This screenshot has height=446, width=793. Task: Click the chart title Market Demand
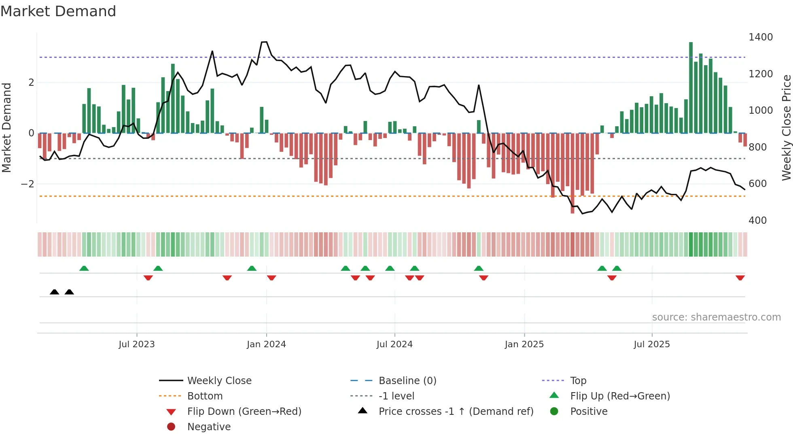tap(58, 11)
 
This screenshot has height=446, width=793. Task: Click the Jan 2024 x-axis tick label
tap(266, 344)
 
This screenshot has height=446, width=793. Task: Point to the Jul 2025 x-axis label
tap(651, 344)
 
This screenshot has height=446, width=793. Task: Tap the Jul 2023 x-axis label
tap(137, 344)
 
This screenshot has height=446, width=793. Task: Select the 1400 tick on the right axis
tap(760, 37)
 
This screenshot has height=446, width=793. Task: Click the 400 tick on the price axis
tap(757, 221)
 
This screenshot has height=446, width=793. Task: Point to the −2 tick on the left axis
tap(28, 184)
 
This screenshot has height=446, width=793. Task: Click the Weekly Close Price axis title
tap(786, 127)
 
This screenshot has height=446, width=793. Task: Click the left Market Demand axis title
tap(6, 127)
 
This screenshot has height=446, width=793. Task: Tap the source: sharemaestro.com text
tap(716, 317)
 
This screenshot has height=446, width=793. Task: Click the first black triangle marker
tap(54, 292)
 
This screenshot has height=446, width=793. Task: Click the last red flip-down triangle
tap(740, 278)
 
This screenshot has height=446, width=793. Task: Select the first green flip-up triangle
tap(84, 268)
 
